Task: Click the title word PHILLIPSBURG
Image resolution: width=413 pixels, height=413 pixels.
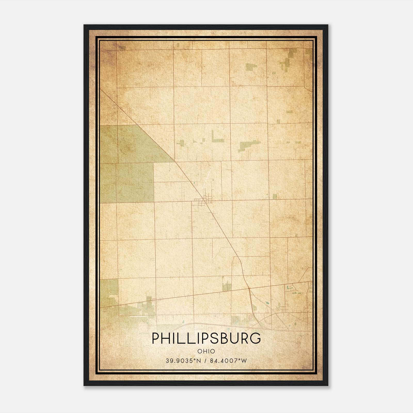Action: point(206,338)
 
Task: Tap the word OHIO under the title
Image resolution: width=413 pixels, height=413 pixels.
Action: point(206,351)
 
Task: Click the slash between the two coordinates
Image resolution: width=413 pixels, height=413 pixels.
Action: point(205,361)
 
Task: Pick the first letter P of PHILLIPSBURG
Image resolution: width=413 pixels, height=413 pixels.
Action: point(155,338)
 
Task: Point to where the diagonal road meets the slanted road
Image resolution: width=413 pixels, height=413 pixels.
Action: point(249,288)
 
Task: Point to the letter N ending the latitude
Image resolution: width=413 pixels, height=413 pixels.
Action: point(198,361)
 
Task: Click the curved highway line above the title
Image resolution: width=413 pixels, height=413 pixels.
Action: point(206,324)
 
